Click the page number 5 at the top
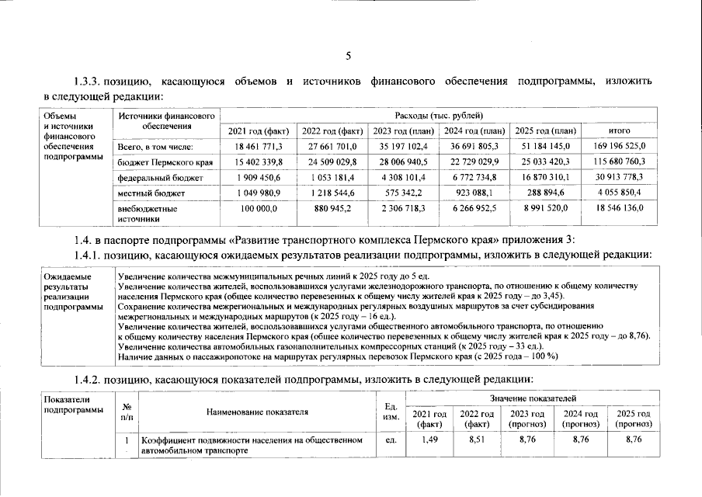(349, 55)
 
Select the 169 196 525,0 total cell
(619, 146)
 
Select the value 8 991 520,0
(547, 209)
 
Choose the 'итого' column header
(619, 130)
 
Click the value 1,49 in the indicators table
(430, 440)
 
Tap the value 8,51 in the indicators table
(478, 440)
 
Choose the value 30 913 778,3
(619, 178)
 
